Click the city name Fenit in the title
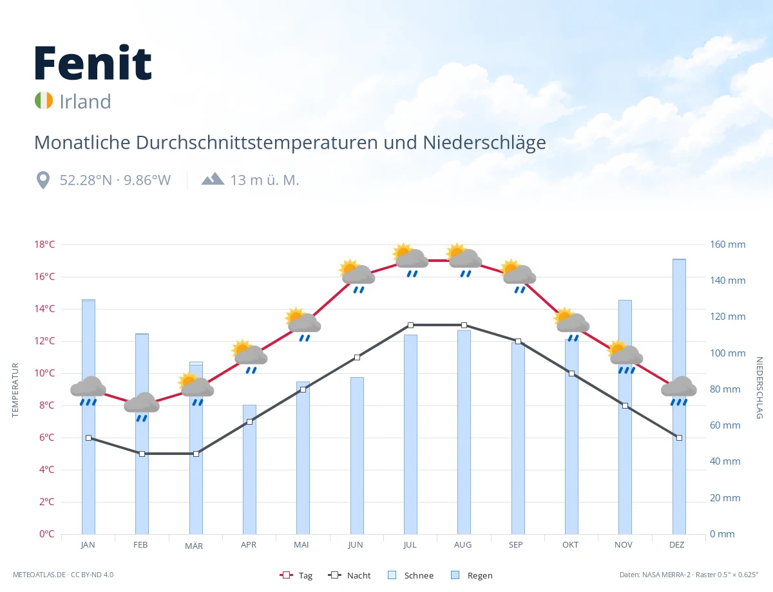[93, 63]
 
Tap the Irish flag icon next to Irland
[44, 100]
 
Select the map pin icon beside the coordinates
[43, 180]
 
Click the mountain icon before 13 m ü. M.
[213, 179]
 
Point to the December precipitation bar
[679, 396]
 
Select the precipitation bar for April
[249, 469]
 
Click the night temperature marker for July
[410, 325]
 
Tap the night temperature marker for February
[142, 454]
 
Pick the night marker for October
[571, 373]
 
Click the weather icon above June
[357, 276]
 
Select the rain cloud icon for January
[88, 391]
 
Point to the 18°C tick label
[44, 245]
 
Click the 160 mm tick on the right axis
[727, 245]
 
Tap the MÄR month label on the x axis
[194, 546]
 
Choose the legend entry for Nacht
[349, 575]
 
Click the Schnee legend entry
[411, 575]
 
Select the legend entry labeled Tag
[296, 575]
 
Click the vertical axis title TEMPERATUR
[15, 390]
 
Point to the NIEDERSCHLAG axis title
[759, 387]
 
